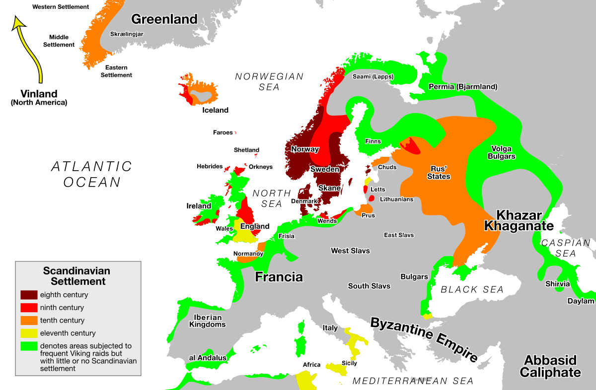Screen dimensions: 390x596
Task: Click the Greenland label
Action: (164, 19)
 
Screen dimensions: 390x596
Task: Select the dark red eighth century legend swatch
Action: (29, 295)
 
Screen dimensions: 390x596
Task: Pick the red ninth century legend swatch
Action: (29, 308)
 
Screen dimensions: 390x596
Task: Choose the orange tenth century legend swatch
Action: (29, 321)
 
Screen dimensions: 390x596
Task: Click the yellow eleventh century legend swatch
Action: (29, 333)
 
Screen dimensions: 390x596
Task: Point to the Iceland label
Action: (215, 110)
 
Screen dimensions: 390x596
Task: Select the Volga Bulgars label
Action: (503, 152)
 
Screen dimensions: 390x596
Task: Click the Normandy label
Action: (248, 254)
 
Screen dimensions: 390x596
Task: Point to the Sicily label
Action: (349, 363)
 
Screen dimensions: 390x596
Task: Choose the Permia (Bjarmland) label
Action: (463, 87)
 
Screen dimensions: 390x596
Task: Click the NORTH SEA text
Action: (271, 198)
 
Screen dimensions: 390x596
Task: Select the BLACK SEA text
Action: (472, 289)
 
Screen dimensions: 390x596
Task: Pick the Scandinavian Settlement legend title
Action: (76, 276)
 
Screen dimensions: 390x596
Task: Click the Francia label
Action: (279, 277)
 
